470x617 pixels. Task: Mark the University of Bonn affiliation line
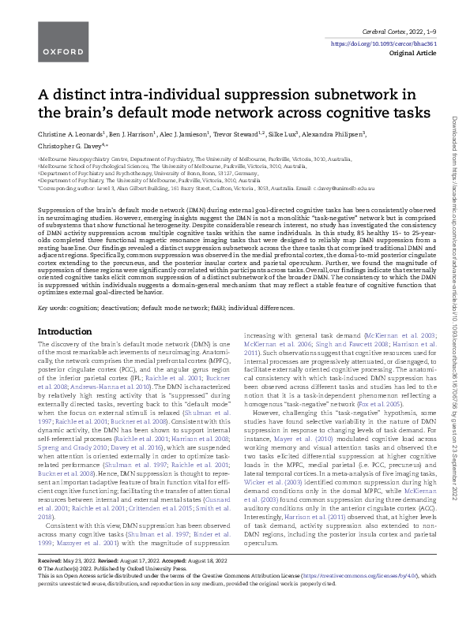[142, 174]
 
